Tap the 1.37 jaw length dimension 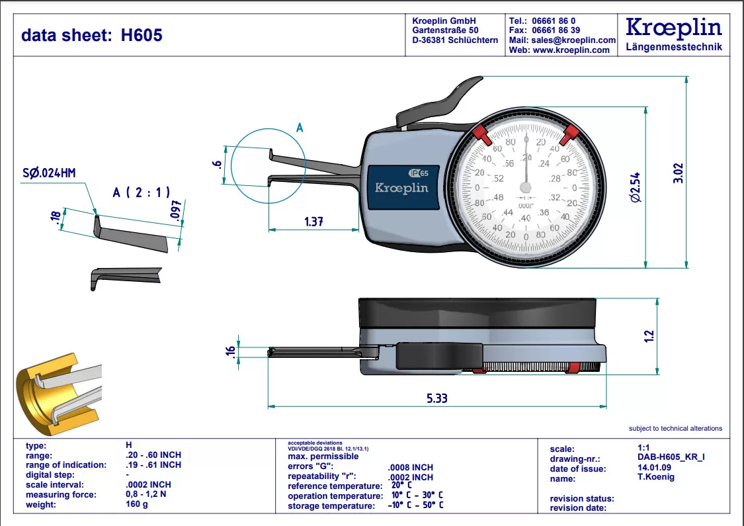click(x=313, y=222)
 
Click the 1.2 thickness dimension click(x=649, y=336)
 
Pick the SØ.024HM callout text click(x=49, y=173)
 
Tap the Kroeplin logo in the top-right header click(x=673, y=28)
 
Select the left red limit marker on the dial click(x=481, y=136)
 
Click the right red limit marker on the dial click(x=570, y=135)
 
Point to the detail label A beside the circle click(x=299, y=128)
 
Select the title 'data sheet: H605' click(x=92, y=35)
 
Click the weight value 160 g click(x=137, y=504)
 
